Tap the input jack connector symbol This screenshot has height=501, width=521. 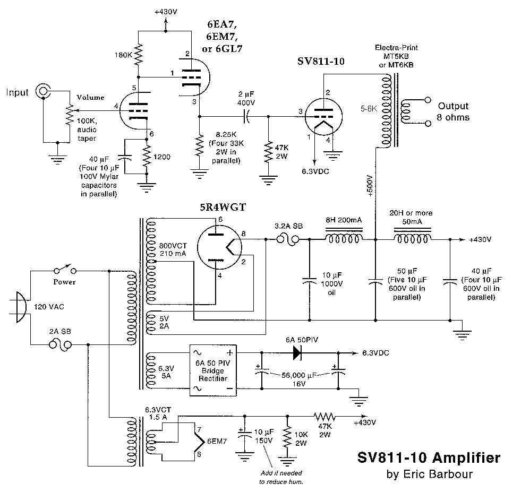point(42,91)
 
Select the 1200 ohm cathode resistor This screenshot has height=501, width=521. point(147,157)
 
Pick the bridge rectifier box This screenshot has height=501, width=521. point(212,370)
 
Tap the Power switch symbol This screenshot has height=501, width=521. point(64,271)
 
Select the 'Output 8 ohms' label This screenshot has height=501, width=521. point(453,111)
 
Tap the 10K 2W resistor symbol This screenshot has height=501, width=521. point(287,438)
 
